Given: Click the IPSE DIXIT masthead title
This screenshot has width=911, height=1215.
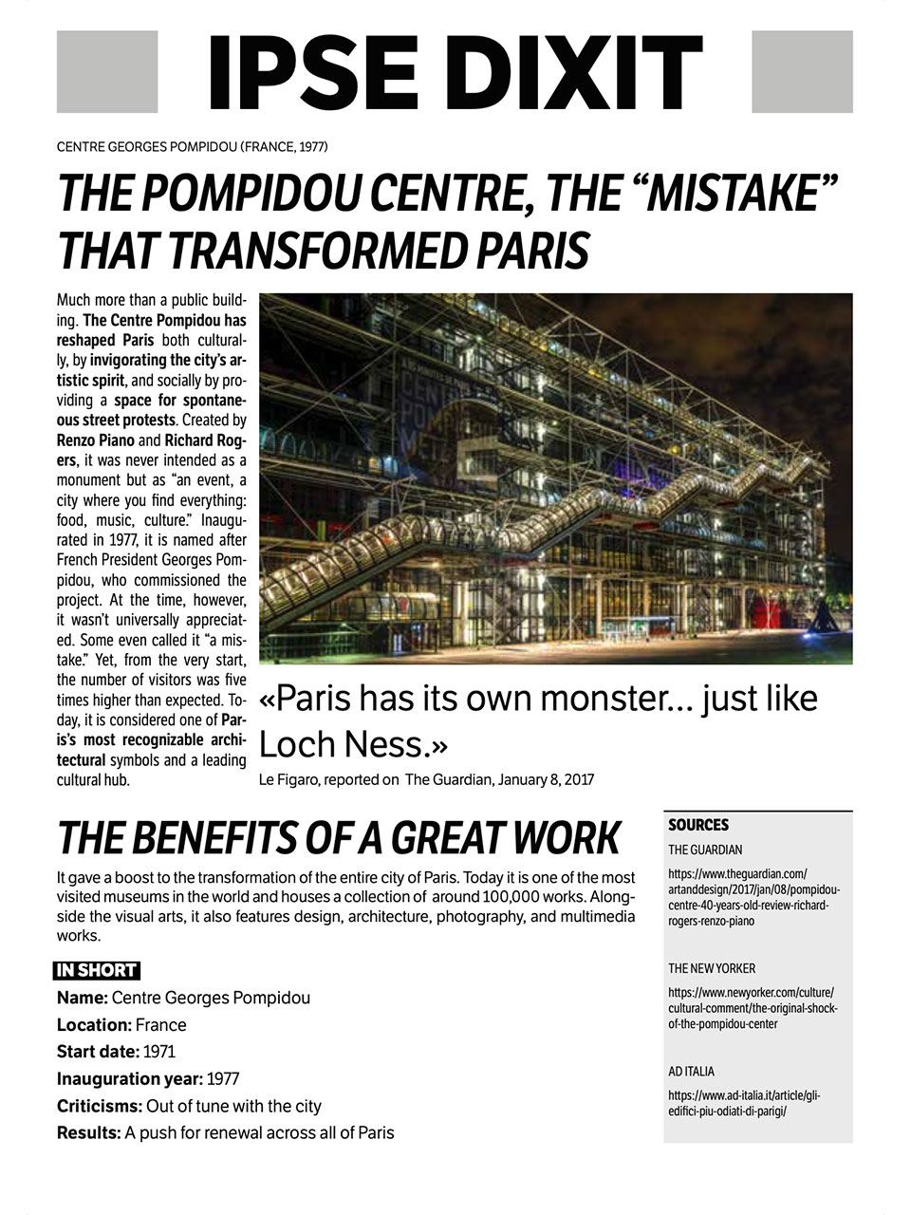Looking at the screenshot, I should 455,73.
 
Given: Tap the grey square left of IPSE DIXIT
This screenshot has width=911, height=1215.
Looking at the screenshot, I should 107,72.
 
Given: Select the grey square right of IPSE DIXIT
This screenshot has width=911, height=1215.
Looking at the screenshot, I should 802,72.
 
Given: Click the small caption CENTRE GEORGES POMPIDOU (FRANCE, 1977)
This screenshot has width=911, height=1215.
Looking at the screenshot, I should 193,147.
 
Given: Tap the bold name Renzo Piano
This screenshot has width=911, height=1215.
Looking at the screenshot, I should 96,440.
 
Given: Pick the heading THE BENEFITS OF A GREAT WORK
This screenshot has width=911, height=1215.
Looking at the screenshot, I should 339,838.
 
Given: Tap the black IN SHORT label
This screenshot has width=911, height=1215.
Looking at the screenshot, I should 97,971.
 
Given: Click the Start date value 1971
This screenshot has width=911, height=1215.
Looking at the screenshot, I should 158,1052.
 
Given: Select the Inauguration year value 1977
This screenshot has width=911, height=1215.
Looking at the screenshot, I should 223,1079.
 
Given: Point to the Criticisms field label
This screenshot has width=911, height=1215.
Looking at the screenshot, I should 100,1107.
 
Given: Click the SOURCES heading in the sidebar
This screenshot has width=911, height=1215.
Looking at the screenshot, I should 698,826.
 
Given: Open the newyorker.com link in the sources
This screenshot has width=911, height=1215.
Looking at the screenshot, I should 753,1008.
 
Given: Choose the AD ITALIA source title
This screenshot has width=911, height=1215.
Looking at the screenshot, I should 691,1072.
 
